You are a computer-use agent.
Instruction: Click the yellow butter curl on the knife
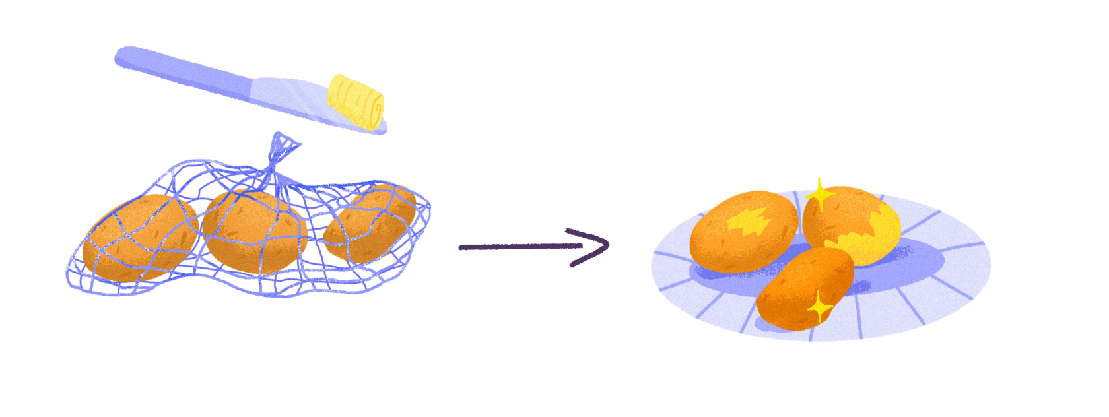356,101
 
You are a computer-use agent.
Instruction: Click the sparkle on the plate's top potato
820,194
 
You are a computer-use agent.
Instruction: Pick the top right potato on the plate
852,224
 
